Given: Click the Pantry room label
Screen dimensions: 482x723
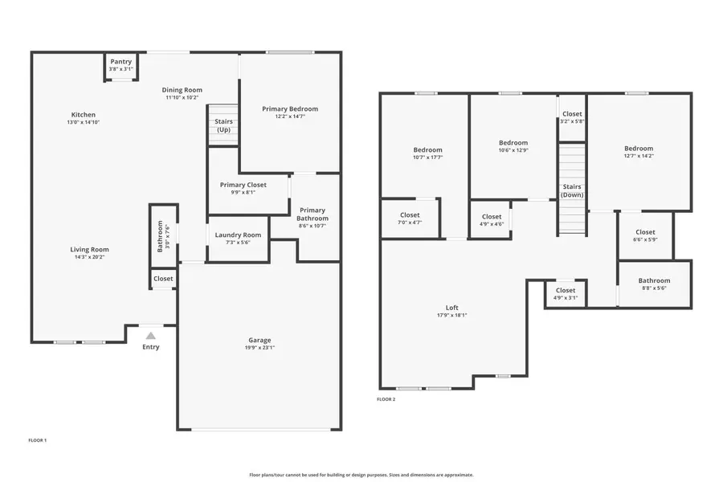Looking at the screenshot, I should (x=120, y=62).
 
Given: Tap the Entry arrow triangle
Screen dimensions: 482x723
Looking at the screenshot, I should (x=150, y=336).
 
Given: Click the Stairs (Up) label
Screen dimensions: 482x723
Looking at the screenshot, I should (x=223, y=125).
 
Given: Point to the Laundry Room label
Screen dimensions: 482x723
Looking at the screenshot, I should (x=238, y=235).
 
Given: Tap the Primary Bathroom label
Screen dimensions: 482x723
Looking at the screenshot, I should (x=312, y=214).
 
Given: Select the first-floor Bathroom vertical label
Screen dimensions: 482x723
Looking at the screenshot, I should (x=160, y=236).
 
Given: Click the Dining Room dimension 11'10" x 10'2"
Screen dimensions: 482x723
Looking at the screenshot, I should (x=182, y=98).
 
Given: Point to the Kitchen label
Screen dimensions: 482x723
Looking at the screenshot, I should (x=83, y=115).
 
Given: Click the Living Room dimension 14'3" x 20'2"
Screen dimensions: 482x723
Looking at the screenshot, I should (x=89, y=257).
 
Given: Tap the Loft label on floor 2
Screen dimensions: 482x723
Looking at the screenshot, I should (x=452, y=308).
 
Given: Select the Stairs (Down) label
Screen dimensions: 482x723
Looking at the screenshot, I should (x=572, y=190).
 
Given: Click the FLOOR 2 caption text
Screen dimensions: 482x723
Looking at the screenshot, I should (x=386, y=399).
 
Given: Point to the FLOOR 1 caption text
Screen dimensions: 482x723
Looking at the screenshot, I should (x=38, y=440).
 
